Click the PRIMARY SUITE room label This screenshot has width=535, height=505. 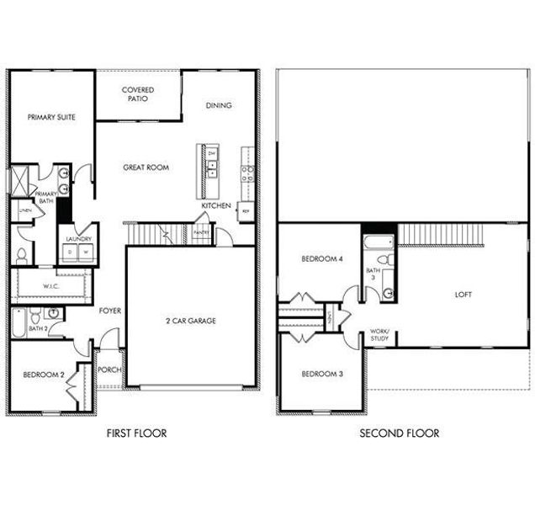(x=51, y=118)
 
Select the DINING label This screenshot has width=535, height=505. (x=219, y=106)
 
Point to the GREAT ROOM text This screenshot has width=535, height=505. (x=146, y=167)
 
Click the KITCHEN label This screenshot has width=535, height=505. (x=216, y=205)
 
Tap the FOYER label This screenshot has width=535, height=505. (x=110, y=311)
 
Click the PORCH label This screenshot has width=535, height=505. (x=109, y=369)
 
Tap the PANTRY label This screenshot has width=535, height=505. (x=201, y=232)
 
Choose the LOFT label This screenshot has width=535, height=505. (x=463, y=295)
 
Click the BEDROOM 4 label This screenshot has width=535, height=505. (x=322, y=259)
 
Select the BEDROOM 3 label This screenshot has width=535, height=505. (x=322, y=373)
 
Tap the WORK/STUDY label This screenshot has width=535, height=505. (x=380, y=335)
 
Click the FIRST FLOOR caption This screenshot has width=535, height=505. (x=136, y=433)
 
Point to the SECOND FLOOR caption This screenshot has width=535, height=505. (x=399, y=433)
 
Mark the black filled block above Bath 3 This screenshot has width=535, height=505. (x=379, y=228)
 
